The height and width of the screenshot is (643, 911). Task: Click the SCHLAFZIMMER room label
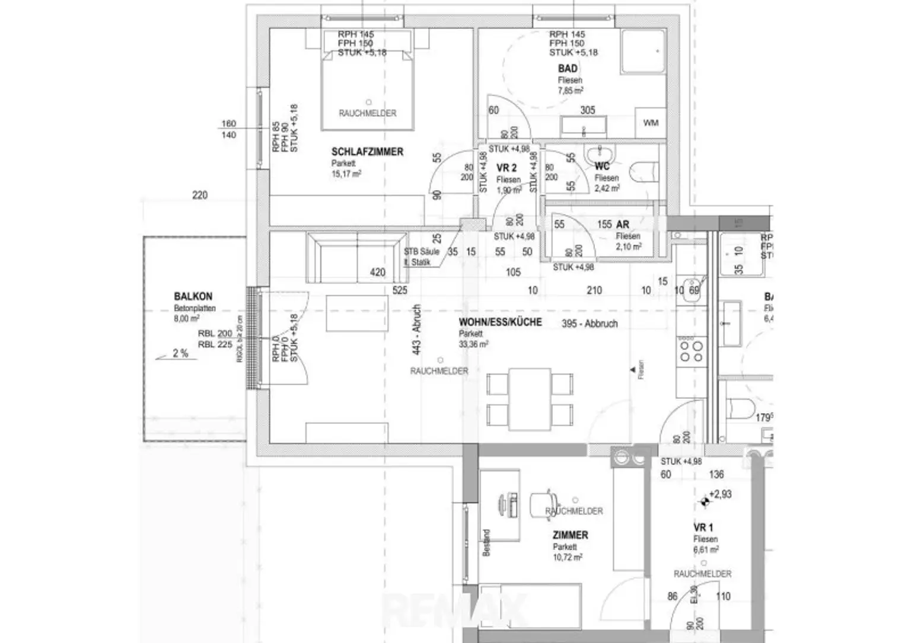pyautogui.click(x=367, y=152)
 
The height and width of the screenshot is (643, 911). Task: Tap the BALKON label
pyautogui.click(x=193, y=296)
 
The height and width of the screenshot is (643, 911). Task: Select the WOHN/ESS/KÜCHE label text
pyautogui.click(x=500, y=322)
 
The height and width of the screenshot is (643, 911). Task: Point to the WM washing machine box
pyautogui.click(x=651, y=123)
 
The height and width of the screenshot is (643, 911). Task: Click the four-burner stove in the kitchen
pyautogui.click(x=691, y=349)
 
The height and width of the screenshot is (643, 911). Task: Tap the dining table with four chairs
pyautogui.click(x=530, y=399)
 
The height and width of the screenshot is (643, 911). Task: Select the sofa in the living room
pyautogui.click(x=355, y=257)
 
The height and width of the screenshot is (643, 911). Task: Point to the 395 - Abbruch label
pyautogui.click(x=590, y=324)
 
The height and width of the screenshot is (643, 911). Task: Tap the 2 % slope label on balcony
pyautogui.click(x=180, y=353)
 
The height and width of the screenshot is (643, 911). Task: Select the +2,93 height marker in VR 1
pyautogui.click(x=719, y=494)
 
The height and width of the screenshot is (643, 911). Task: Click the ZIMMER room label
pyautogui.click(x=570, y=535)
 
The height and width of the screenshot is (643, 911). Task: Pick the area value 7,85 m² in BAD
pyautogui.click(x=570, y=91)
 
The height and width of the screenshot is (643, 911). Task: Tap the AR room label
pyautogui.click(x=622, y=225)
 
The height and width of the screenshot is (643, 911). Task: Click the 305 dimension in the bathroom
pyautogui.click(x=587, y=110)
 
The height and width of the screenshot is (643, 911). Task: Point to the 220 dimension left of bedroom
pyautogui.click(x=200, y=195)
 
